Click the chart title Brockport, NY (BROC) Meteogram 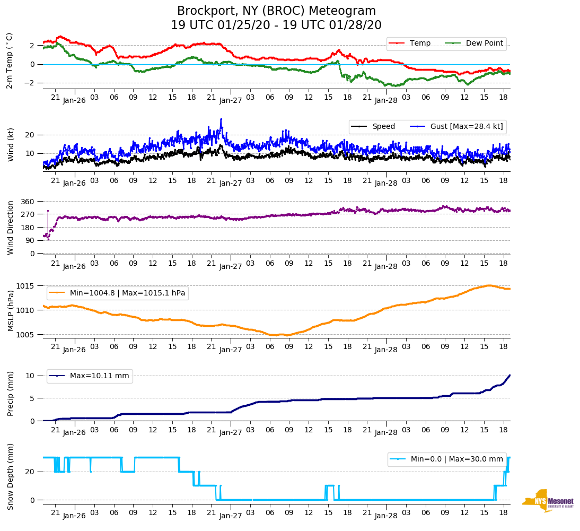coord(276,11)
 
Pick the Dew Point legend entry coord(484,43)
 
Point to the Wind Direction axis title coord(10,227)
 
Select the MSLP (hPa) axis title coord(10,310)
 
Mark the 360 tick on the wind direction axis coord(28,202)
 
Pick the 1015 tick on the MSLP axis coord(26,286)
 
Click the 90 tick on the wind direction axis coord(30,240)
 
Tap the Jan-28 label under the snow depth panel coord(386,516)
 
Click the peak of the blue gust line coord(221,119)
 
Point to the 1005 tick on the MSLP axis coord(26,335)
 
